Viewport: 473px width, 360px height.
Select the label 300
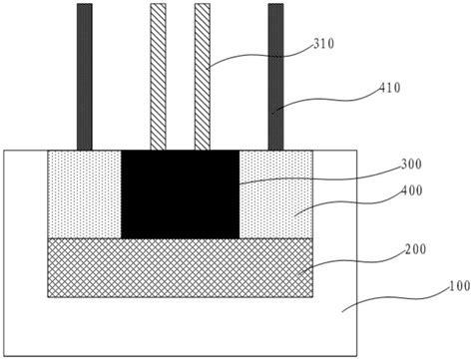point(383,165)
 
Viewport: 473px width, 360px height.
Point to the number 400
point(383,190)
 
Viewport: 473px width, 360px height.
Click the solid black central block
point(180,194)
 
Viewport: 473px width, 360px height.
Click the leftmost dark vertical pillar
point(85,76)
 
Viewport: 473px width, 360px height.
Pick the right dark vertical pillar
point(275,76)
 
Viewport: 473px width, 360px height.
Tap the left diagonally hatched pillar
point(158,76)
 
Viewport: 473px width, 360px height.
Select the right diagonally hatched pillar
point(202,76)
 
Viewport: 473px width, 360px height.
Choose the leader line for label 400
point(334,202)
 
